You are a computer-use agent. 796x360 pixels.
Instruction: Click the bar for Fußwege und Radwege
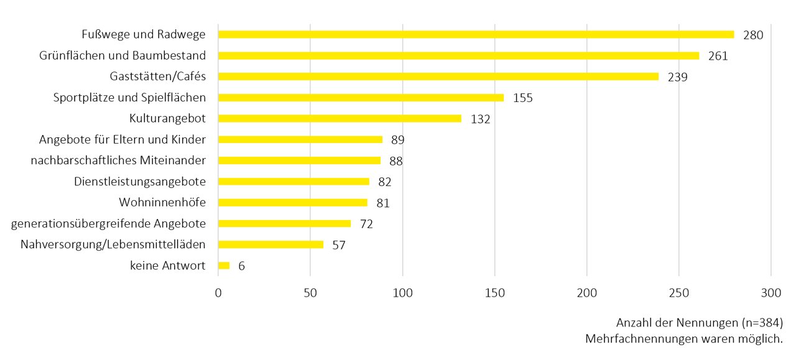click(x=476, y=35)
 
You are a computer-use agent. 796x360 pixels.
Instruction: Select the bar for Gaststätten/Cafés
click(x=438, y=76)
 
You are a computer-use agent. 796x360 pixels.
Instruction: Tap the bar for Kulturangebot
click(x=340, y=119)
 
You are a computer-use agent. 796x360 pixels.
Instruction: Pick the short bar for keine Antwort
click(x=224, y=265)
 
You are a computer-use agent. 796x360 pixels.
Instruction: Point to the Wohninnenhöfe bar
click(x=293, y=203)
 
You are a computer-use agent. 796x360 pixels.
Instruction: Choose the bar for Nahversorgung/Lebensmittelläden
click(x=271, y=244)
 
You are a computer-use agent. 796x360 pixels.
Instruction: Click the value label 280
click(x=752, y=35)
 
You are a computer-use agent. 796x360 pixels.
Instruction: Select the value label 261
click(x=718, y=56)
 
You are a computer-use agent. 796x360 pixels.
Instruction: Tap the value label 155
click(x=523, y=98)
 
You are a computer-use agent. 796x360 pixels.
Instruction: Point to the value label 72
click(x=366, y=224)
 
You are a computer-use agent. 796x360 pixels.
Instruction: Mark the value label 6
click(x=241, y=266)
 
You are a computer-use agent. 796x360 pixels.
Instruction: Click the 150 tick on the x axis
click(x=494, y=293)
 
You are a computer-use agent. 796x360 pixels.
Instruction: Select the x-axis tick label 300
click(x=771, y=293)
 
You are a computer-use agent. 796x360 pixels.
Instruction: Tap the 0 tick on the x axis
click(x=218, y=293)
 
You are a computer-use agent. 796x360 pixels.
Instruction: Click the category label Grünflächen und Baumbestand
click(x=123, y=55)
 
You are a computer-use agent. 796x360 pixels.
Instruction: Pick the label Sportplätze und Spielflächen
click(x=129, y=98)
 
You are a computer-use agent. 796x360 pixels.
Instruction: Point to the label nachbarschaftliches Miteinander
click(x=118, y=160)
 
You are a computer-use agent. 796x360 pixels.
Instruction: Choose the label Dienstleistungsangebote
click(x=140, y=182)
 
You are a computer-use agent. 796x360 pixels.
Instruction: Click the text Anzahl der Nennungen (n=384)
click(x=699, y=323)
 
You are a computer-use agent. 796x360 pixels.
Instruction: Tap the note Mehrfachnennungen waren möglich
click(x=683, y=339)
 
